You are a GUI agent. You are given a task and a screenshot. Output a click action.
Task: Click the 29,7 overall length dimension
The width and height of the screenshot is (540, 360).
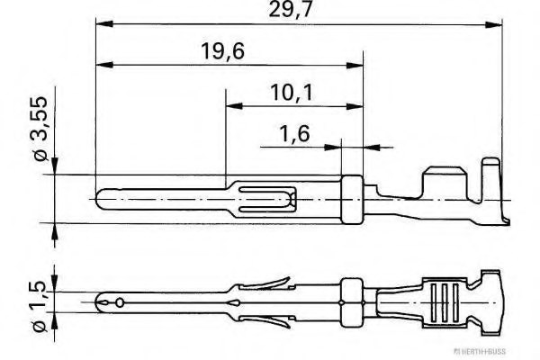(x=290, y=9)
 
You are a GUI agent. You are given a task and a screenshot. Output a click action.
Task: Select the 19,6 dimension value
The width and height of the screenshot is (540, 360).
(x=222, y=50)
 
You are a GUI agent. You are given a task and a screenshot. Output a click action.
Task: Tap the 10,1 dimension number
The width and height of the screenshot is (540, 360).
(x=292, y=93)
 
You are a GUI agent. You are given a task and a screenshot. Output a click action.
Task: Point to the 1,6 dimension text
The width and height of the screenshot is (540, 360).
(x=294, y=133)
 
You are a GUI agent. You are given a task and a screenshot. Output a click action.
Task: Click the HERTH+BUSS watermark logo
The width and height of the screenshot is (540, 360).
(x=480, y=351)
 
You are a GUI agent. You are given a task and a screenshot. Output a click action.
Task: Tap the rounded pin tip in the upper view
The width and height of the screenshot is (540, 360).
(x=99, y=199)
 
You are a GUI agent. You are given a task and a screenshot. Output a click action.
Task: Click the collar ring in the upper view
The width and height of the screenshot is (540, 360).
(x=352, y=200)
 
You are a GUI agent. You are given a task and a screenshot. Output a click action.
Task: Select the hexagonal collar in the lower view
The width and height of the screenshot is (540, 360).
(x=352, y=302)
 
